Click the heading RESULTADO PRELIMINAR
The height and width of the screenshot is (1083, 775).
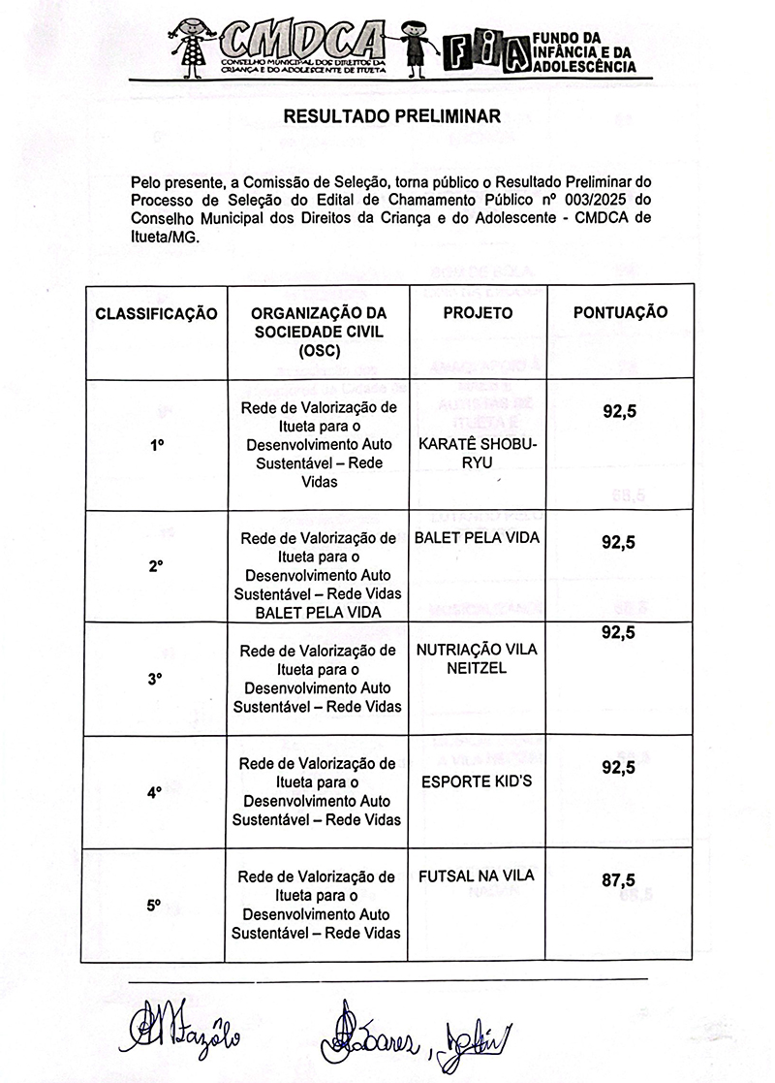[390, 117]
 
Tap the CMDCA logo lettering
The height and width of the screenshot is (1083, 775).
[301, 40]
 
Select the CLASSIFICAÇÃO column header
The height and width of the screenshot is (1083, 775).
[156, 313]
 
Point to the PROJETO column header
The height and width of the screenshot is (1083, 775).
[478, 313]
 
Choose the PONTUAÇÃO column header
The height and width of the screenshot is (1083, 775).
[620, 313]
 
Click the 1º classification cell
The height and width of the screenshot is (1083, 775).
[154, 445]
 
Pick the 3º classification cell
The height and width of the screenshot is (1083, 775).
[154, 679]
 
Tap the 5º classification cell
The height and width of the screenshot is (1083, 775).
[154, 905]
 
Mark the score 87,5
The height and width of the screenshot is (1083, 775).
[618, 880]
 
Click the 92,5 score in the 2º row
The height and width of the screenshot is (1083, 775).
[618, 543]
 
